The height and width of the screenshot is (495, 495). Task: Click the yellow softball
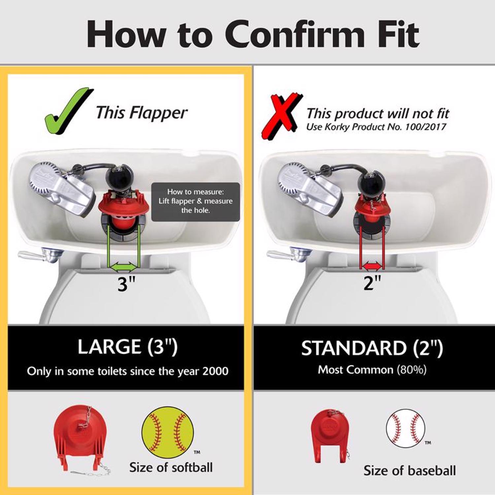coord(167,432)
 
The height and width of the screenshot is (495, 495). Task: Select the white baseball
coord(405,429)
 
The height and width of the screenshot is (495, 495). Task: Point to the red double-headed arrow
coord(372,265)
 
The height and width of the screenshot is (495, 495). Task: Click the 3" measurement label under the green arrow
coord(126,284)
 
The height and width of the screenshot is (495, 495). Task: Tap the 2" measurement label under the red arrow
coord(372,282)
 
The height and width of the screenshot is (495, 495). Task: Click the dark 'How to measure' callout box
coord(195,202)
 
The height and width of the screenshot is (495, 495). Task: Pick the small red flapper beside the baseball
coord(330,435)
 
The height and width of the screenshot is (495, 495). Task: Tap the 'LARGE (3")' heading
coord(128,347)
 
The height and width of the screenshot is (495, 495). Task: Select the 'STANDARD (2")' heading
coord(372,348)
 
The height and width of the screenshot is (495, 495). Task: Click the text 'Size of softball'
coord(171,468)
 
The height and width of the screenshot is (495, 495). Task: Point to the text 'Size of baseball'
coord(410,471)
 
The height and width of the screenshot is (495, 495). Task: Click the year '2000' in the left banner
coord(215,371)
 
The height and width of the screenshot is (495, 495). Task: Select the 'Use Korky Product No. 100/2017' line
coord(376,127)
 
